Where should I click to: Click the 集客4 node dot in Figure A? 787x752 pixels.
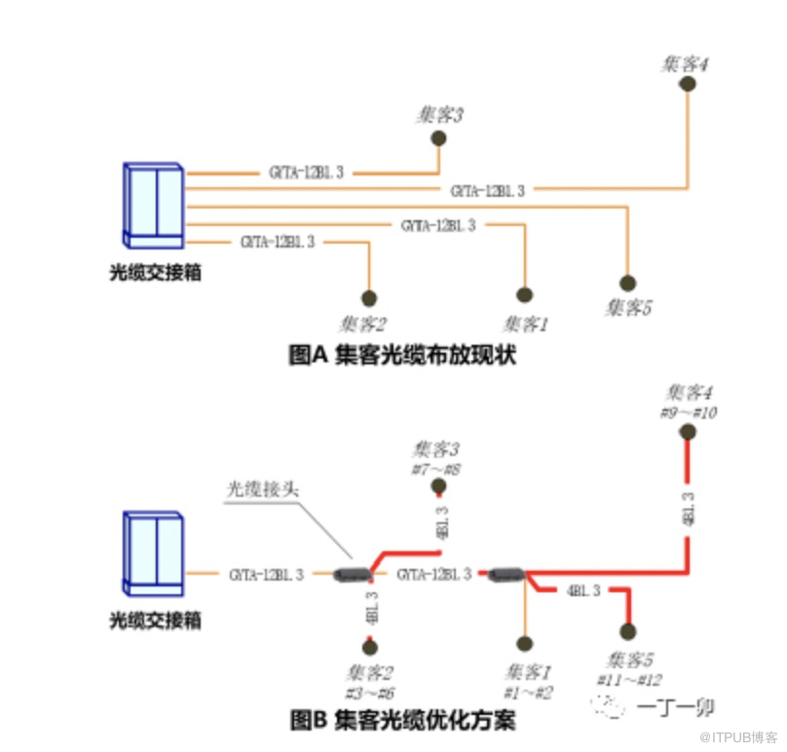click(687, 84)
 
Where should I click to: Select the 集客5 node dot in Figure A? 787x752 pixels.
click(628, 283)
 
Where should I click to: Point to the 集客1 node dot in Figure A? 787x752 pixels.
click(525, 295)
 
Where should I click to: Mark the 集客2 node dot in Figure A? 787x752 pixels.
click(368, 298)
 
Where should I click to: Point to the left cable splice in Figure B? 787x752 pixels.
click(351, 575)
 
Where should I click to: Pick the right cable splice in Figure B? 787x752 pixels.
click(505, 575)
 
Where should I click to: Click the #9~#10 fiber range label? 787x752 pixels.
click(689, 413)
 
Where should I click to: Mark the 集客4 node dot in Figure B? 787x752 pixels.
click(689, 432)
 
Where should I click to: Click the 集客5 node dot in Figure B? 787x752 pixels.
click(628, 630)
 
